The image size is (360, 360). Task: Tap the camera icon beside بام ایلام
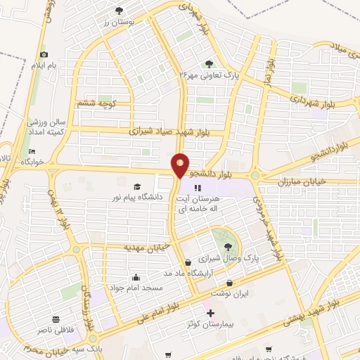(44, 55)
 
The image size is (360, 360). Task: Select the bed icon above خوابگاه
(30, 151)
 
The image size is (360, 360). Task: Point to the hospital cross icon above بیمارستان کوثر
(210, 311)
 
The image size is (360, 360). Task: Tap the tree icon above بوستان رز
(117, 10)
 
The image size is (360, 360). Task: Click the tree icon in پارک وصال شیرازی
(228, 246)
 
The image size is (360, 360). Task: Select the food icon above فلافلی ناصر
(55, 317)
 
